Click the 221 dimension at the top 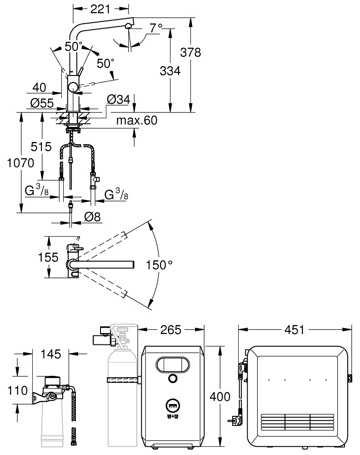click(101, 8)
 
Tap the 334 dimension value click(170, 71)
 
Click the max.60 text click(136, 121)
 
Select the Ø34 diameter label click(118, 99)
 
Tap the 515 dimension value click(41, 147)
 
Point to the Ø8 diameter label click(92, 218)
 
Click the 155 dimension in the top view click(48, 257)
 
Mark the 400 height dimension click(220, 396)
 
